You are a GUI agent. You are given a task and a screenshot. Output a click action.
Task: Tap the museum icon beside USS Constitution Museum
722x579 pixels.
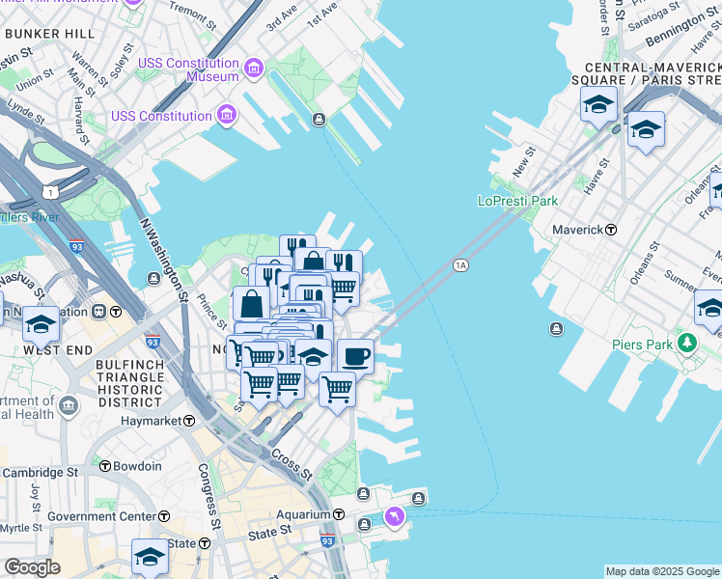pos(253,68)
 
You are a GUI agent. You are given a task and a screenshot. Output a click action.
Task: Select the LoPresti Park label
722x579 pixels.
pos(517,201)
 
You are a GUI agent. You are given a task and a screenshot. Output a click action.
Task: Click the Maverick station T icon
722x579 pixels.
pos(611,230)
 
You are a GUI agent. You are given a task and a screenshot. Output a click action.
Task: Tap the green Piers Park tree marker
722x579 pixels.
pos(686,343)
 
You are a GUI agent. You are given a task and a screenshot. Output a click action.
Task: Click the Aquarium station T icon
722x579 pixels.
pos(339,514)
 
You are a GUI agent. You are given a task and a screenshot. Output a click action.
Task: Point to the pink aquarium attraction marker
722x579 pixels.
pos(394,518)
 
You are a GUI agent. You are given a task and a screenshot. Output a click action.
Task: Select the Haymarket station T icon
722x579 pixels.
pos(189,421)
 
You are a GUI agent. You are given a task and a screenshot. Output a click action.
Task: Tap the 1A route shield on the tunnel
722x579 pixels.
pos(460,265)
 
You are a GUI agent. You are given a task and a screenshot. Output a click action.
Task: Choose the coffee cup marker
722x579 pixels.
pos(355,356)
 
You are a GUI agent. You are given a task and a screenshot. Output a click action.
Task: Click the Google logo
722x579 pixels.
pos(32,567)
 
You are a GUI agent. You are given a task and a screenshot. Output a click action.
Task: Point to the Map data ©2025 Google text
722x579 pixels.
pos(662,571)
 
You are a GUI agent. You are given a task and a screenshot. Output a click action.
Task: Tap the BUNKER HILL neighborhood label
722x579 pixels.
pos(49,34)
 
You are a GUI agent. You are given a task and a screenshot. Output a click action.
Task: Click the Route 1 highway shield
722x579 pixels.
pos(49,193)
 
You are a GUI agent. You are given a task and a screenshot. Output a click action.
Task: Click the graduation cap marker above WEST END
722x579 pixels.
pos(42,323)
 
